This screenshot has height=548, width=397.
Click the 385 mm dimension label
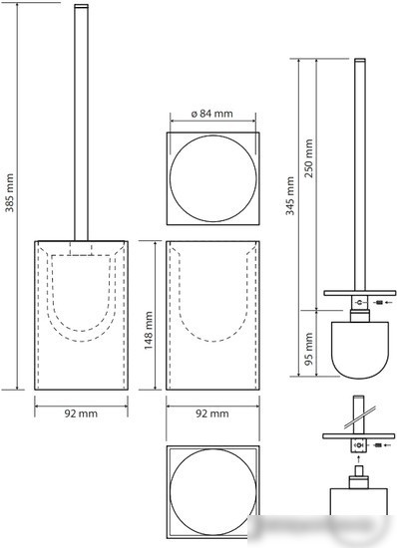pyautogui.click(x=9, y=193)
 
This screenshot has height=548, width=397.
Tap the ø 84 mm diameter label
pyautogui.click(x=212, y=114)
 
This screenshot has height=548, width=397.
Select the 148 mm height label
pyautogui.click(x=149, y=331)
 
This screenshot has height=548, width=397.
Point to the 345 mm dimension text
pyautogui.click(x=290, y=195)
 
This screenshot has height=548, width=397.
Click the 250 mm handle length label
pyautogui.click(x=308, y=158)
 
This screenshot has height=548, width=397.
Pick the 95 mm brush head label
pyautogui.click(x=308, y=349)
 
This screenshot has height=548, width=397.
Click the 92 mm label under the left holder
pyautogui.click(x=81, y=413)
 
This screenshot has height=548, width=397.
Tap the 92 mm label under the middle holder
pyautogui.click(x=212, y=413)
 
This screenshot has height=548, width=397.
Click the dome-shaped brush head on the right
pyautogui.click(x=359, y=350)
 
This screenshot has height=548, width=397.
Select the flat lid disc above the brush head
pyautogui.click(x=359, y=293)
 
